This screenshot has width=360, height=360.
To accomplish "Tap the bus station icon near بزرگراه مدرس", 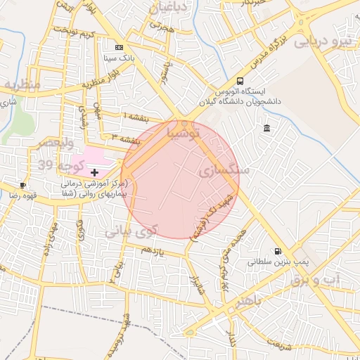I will click(241, 81).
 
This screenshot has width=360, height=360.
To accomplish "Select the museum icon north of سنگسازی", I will click(267, 127).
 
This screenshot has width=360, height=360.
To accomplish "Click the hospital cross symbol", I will click(95, 172).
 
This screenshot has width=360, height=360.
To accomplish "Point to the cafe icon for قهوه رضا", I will click(23, 186).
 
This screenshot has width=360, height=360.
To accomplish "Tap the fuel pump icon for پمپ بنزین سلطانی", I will click(278, 250).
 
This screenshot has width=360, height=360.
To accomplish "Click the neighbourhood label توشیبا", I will click(184, 132).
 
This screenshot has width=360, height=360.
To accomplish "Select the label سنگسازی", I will click(224, 171).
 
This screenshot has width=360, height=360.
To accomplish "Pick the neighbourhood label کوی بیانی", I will click(133, 230).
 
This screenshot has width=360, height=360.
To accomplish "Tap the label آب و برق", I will click(316, 279).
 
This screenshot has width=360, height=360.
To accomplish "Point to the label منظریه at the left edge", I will click(21, 84).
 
